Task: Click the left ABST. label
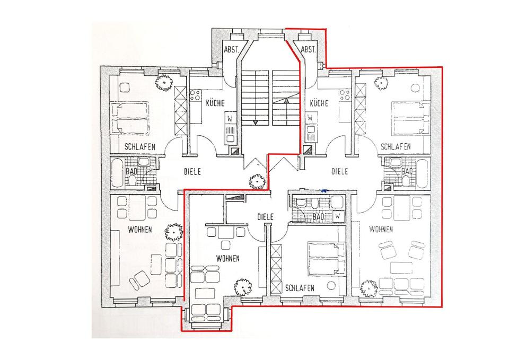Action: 231,50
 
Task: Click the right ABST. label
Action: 308,50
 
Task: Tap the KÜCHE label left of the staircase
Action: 215,103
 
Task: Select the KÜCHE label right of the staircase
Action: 319,103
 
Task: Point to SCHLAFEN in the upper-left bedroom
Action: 140,147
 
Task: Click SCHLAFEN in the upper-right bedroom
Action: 396,146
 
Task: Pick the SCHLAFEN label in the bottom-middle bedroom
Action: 300,288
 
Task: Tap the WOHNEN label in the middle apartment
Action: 228,258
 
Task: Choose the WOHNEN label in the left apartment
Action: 139,230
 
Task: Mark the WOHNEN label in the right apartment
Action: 381,230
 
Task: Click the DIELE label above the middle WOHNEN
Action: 266,217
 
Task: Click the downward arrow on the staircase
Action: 256,122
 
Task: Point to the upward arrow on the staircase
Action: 286,101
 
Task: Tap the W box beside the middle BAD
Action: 338,216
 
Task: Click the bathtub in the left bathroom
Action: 118,173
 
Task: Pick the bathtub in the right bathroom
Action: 422,173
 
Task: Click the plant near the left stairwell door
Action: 257,182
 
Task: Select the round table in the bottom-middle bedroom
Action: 331,286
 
